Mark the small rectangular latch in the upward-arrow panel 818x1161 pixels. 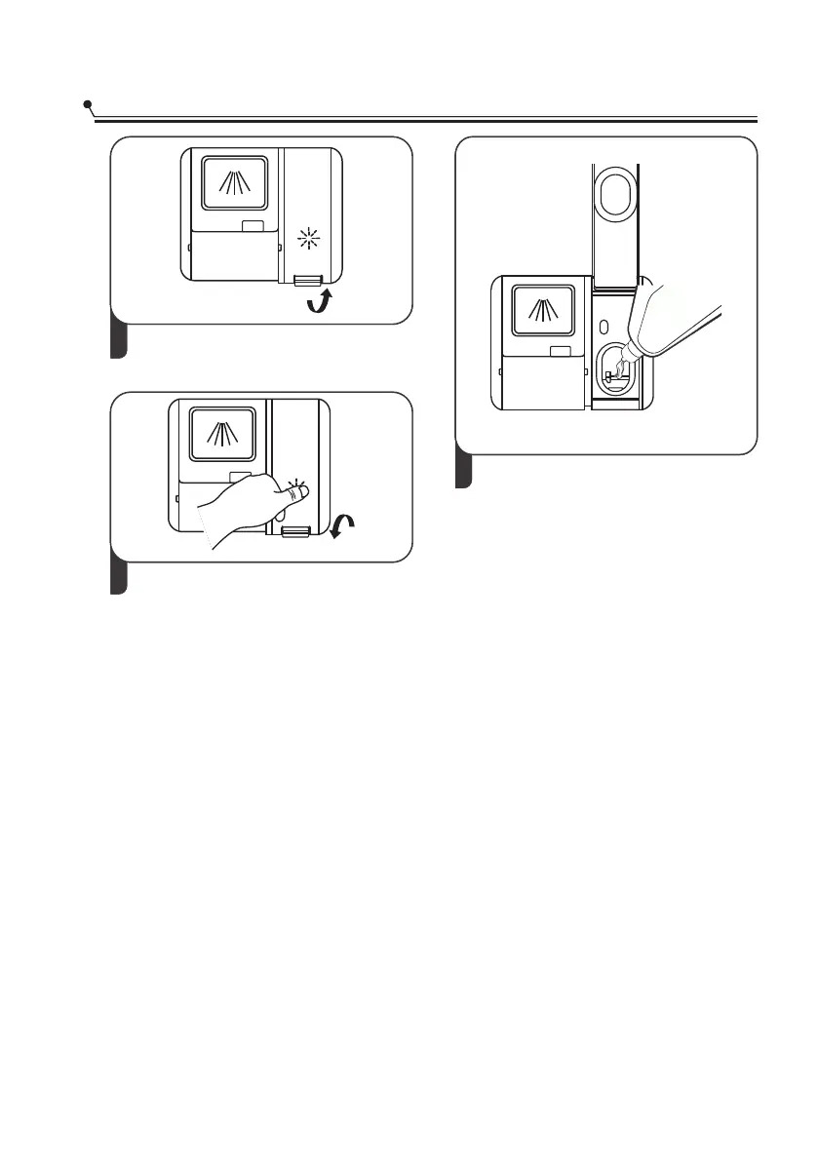coord(253,225)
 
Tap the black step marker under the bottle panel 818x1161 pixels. coord(465,472)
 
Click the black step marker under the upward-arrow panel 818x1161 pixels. coord(118,341)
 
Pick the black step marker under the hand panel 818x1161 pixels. coord(118,578)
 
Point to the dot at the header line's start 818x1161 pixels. coord(88,103)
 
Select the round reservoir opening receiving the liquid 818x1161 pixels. coord(613,370)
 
